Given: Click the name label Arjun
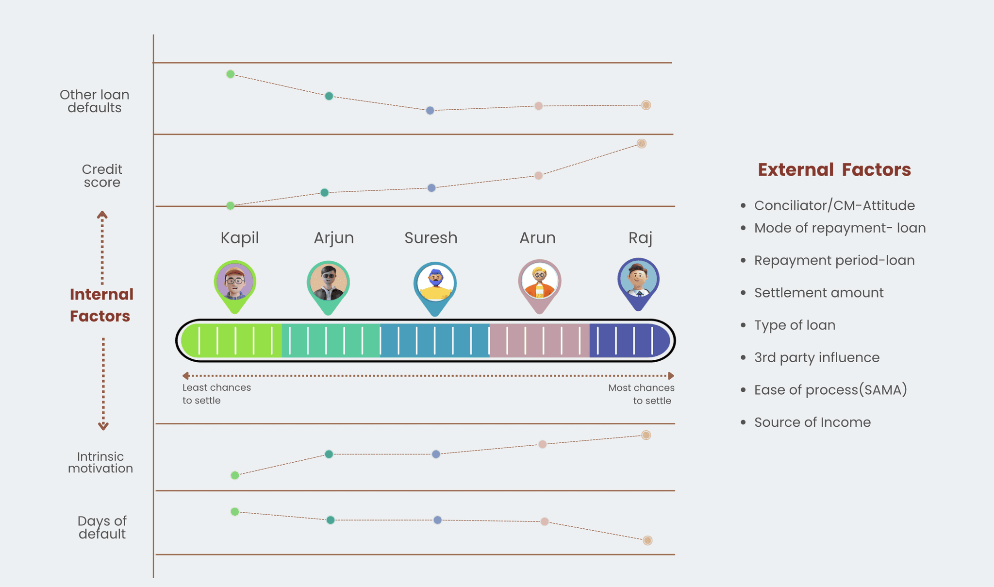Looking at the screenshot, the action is (333, 238).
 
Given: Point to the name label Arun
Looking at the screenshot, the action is (537, 238).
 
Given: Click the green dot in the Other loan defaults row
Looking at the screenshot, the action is (231, 74).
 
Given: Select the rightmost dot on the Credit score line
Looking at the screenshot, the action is (642, 143).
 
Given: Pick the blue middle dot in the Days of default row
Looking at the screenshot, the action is (438, 520).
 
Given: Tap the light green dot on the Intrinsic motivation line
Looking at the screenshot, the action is (235, 475).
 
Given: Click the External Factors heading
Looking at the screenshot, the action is (834, 169).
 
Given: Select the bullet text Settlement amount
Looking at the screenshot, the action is (819, 293).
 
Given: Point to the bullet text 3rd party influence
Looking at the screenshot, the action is (817, 357).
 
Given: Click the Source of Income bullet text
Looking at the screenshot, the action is (812, 422).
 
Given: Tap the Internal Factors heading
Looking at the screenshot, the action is (101, 305).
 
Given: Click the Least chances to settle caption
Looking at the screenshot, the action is (216, 394).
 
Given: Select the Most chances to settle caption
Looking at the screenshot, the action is (641, 394).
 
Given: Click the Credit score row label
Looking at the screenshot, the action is (102, 176).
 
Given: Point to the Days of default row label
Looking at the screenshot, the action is (102, 527).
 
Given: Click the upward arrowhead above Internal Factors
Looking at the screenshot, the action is (102, 215).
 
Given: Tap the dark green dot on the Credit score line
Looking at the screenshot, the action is (325, 193).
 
